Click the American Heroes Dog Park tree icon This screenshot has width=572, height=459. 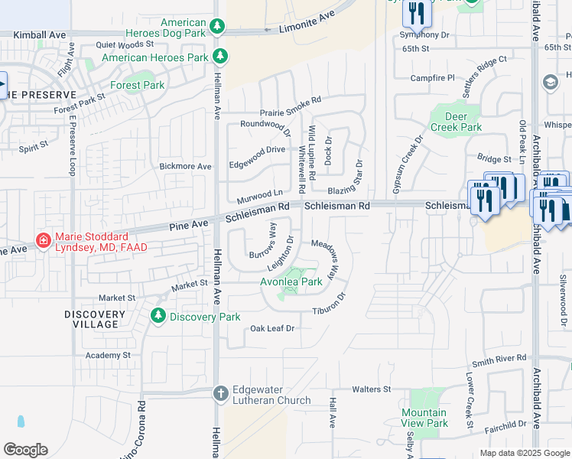tap(217, 28)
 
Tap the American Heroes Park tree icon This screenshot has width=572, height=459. tap(221, 57)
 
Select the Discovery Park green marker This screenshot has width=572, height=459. tap(158, 315)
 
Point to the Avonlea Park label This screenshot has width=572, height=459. tap(291, 281)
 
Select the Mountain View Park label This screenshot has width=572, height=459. tap(424, 418)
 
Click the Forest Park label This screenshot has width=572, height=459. tap(138, 85)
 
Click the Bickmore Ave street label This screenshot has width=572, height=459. tap(185, 166)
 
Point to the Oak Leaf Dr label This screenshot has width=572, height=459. tap(272, 328)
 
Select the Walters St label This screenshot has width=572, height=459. tap(372, 389)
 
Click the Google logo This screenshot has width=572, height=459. tap(24, 450)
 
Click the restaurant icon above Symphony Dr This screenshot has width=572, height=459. tap(417, 11)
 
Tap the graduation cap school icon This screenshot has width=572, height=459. tap(549, 82)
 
